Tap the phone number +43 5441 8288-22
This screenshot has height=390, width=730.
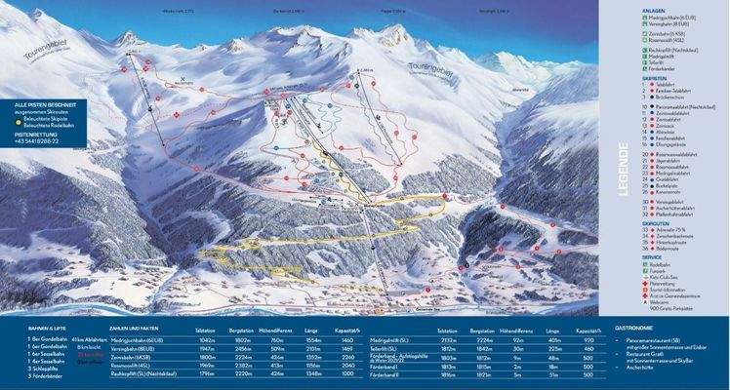point(37,141)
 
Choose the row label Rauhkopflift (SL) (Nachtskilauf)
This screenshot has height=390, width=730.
point(145,372)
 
